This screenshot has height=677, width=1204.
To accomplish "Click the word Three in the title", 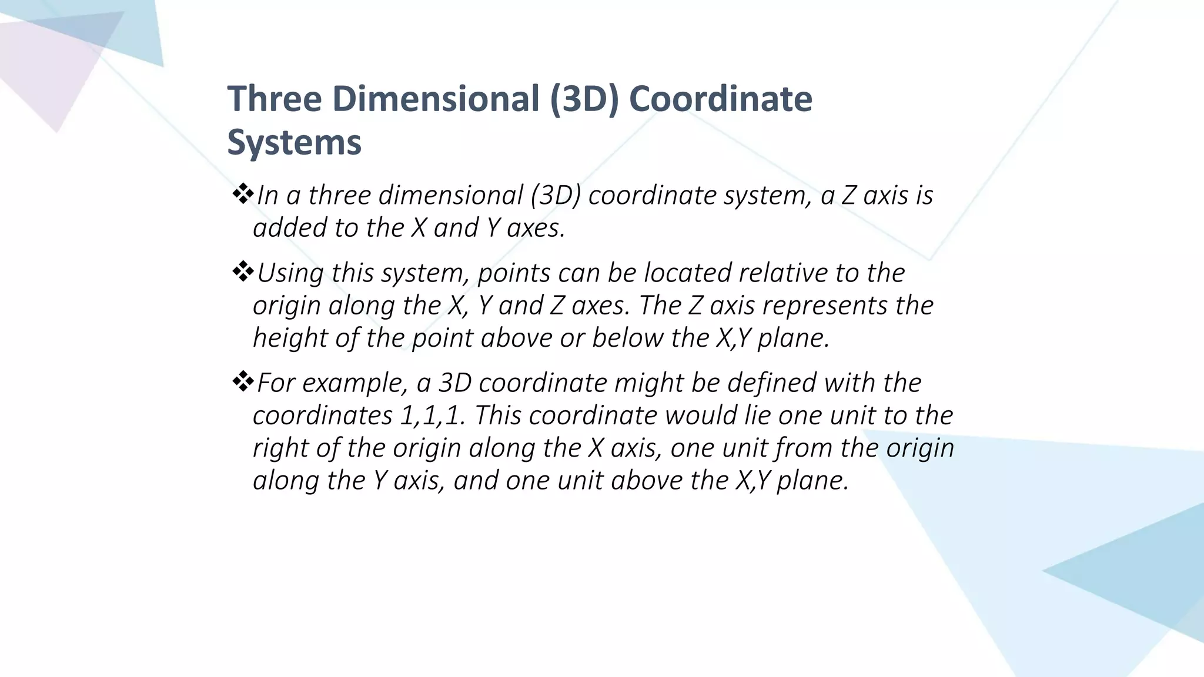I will (275, 99).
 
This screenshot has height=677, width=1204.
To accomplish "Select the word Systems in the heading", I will (294, 143).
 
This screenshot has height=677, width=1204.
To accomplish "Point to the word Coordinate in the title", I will (721, 99).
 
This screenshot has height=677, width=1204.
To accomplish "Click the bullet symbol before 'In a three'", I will (242, 194).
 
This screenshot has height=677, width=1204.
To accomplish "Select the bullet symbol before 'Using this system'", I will (242, 272).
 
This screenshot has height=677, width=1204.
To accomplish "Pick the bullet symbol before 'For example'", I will (242, 382).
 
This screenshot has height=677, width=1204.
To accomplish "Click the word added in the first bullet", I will (289, 228).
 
